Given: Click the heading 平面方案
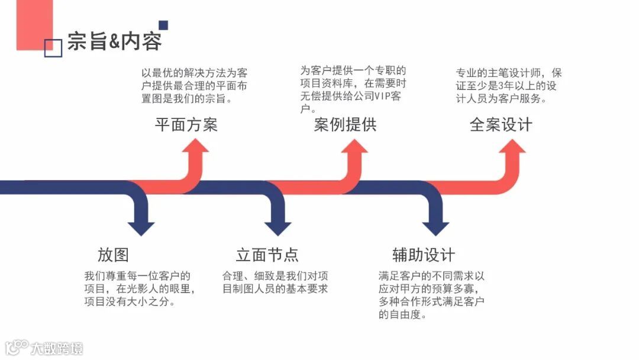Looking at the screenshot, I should tap(186, 124).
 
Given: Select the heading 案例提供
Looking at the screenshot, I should tap(345, 124).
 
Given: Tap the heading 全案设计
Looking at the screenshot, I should tap(501, 124).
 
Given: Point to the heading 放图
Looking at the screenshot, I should tap(113, 255).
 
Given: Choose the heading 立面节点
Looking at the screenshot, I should tap(267, 255).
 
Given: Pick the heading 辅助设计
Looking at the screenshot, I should tap(424, 255).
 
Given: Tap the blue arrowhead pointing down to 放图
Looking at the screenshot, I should tap(141, 228).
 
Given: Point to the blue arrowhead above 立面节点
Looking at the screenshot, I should tap(277, 228).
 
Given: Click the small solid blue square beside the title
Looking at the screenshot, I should tap(163, 25).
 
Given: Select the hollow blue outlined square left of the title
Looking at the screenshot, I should tap(53, 48).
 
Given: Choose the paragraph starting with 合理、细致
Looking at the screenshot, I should tap(275, 282).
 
